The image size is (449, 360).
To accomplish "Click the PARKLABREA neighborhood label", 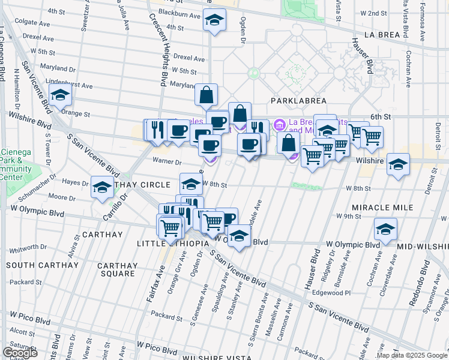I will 292,101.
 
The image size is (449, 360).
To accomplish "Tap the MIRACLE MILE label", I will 382,207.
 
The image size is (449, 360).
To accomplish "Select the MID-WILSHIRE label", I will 424,247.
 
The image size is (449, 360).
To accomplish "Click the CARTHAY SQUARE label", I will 118,269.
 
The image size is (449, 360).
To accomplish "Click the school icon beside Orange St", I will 61,95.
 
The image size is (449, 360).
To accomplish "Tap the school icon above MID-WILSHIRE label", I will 385,229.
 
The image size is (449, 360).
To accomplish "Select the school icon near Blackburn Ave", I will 214,20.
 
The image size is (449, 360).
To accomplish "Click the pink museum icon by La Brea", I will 279,125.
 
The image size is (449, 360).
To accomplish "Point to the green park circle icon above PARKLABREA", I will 254,74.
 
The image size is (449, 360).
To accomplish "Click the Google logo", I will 20,353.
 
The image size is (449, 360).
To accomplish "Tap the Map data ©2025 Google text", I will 412,355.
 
